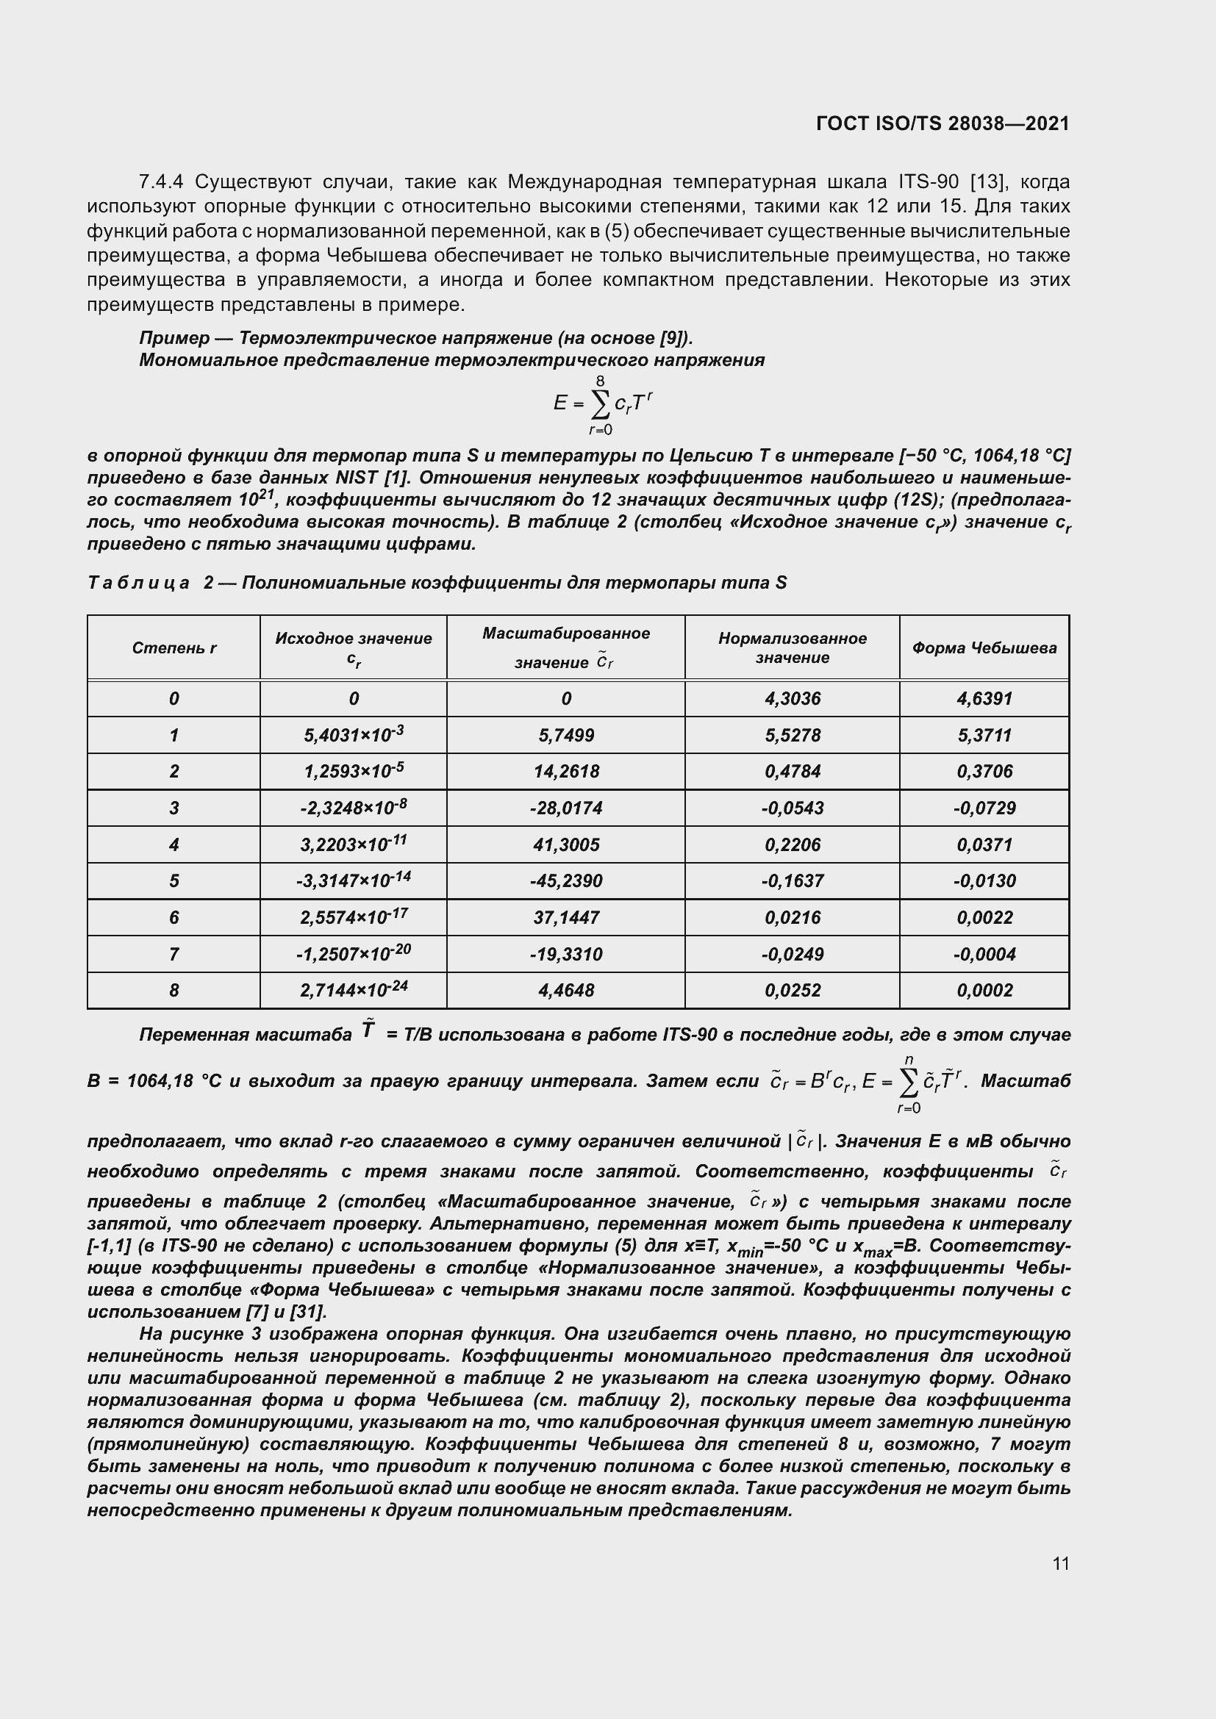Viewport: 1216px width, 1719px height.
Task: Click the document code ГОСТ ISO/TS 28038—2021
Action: pyautogui.click(x=942, y=123)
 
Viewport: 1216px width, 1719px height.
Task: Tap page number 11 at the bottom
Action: pyautogui.click(x=1060, y=1563)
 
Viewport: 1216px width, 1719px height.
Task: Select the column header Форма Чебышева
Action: pyautogui.click(x=984, y=648)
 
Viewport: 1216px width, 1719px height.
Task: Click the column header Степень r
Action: pyautogui.click(x=174, y=648)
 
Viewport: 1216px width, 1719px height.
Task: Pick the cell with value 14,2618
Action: pyautogui.click(x=566, y=772)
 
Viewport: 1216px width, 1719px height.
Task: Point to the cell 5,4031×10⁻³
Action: pyautogui.click(x=354, y=735)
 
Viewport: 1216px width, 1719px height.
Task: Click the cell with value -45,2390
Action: pyautogui.click(x=566, y=881)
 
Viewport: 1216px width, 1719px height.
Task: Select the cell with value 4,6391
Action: pyautogui.click(x=984, y=699)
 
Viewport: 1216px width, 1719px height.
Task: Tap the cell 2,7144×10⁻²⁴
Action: pyautogui.click(x=354, y=991)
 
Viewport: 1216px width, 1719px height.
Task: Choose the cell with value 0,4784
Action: pyautogui.click(x=793, y=772)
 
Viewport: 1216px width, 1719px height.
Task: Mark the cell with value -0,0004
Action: pyautogui.click(x=984, y=955)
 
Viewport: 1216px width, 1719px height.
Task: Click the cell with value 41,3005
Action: pyautogui.click(x=566, y=845)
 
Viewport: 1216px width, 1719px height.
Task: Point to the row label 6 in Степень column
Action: pyautogui.click(x=174, y=918)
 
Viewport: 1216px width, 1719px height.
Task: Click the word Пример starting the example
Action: pyautogui.click(x=174, y=338)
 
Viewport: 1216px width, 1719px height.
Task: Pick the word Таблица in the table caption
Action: pyautogui.click(x=138, y=583)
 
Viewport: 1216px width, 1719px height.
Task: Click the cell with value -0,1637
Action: pyautogui.click(x=793, y=881)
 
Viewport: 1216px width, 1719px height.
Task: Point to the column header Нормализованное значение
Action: pyautogui.click(x=793, y=648)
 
